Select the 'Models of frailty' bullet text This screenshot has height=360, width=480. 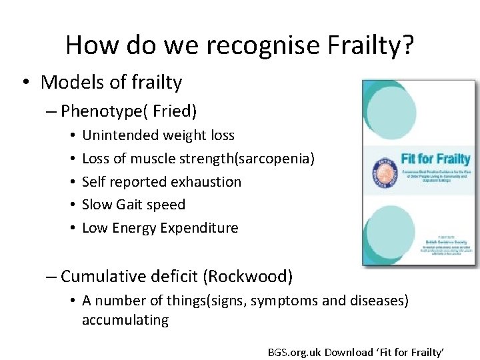(x=111, y=82)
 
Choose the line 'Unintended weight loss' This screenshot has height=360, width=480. (x=158, y=135)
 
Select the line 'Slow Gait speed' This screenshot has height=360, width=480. (x=133, y=205)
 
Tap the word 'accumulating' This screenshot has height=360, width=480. (x=125, y=320)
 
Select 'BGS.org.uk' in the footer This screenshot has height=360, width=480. (x=295, y=351)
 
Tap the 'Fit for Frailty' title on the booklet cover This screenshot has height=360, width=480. (x=435, y=159)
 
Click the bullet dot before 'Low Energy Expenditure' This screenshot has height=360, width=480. (x=70, y=228)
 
